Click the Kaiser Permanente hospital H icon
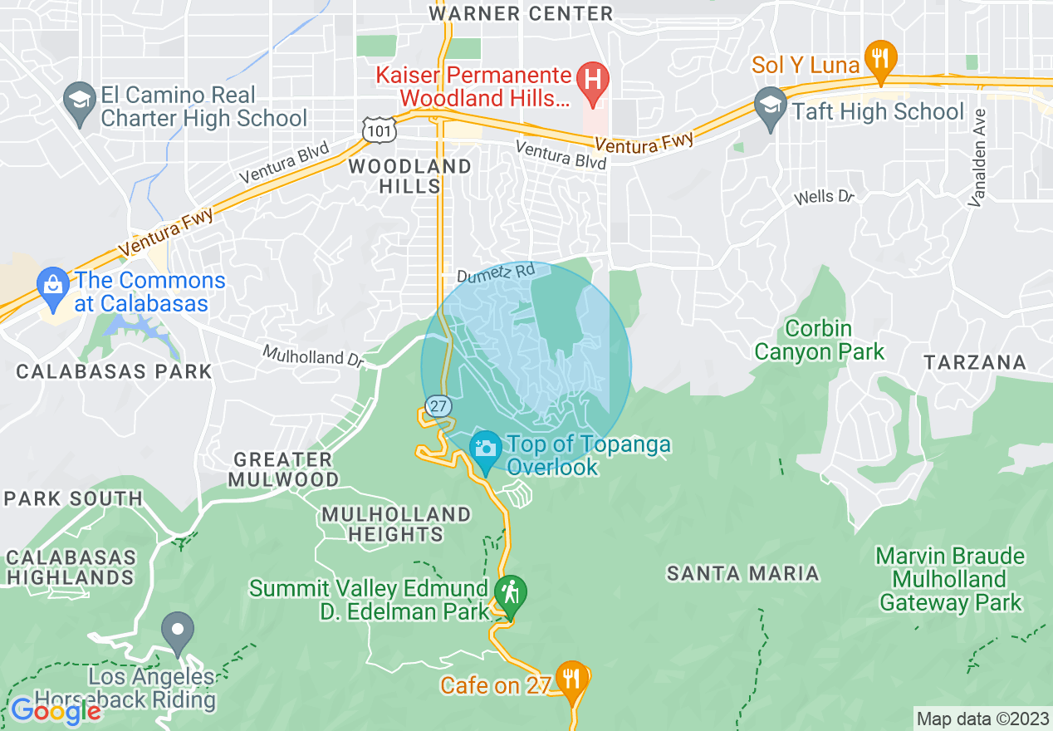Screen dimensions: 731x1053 593,81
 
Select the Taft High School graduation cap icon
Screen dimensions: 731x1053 771,105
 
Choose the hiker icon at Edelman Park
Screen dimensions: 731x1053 507,593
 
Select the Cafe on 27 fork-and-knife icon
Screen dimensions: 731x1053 572,676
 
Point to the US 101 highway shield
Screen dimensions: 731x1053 379,128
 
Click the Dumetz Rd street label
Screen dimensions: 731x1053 496,272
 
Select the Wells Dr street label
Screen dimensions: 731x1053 824,197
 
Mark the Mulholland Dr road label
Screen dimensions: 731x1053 314,356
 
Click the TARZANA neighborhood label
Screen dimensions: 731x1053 975,363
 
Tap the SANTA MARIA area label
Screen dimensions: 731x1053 743,573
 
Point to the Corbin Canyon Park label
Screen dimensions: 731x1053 819,340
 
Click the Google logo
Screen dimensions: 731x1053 56,710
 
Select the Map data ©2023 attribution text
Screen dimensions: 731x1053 982,718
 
